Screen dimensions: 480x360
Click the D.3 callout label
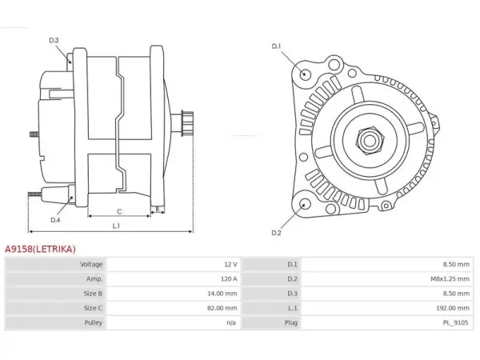54,40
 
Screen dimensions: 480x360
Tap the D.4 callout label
55,220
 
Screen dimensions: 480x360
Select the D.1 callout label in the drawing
276,46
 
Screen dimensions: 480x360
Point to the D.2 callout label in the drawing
276,233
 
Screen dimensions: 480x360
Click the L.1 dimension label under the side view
116,226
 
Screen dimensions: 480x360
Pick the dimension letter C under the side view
119,211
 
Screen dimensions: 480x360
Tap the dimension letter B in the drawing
158,209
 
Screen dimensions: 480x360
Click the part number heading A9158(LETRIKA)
40,249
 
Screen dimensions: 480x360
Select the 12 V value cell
230,264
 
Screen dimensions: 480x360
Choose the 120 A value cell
229,279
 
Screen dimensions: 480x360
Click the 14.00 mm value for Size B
222,294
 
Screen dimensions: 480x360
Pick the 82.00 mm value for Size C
222,308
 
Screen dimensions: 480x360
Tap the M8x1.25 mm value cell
450,279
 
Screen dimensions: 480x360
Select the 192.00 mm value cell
453,308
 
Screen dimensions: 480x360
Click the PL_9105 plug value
455,322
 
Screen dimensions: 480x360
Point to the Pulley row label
94,322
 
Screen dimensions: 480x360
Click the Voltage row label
91,264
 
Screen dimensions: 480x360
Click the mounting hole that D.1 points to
304,74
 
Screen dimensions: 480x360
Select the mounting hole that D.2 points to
304,204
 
